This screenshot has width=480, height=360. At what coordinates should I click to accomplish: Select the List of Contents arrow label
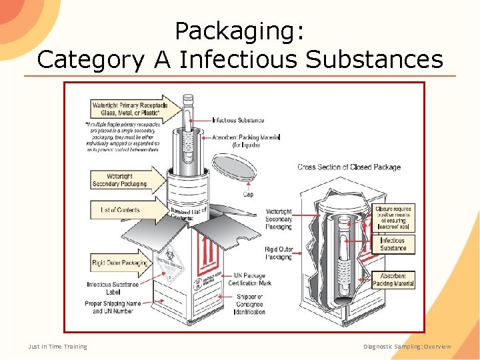[x=121, y=210]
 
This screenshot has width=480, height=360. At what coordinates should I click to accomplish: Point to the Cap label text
[x=247, y=195]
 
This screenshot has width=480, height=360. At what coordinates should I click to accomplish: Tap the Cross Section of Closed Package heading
[x=349, y=167]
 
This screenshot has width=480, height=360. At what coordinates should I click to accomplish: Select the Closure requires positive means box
[x=394, y=218]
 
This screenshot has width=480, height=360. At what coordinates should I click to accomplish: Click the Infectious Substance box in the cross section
[x=393, y=244]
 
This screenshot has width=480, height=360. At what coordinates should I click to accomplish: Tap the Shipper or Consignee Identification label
[x=250, y=304]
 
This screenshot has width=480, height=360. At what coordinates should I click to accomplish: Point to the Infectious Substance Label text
[x=113, y=288]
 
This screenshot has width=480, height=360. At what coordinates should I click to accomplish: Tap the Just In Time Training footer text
[x=57, y=347]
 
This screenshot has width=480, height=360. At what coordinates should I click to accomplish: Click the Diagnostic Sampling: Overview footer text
[x=407, y=347]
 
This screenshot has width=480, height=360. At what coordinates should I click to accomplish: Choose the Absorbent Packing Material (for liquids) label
[x=246, y=141]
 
